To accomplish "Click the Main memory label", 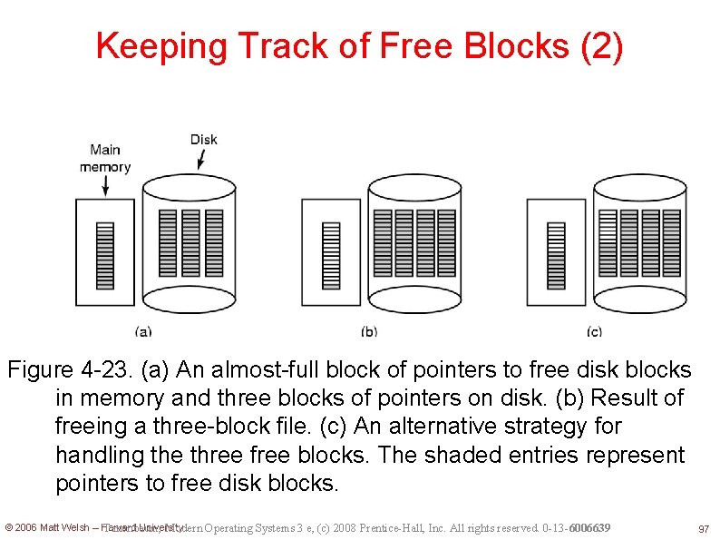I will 105,159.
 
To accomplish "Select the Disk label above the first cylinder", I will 204,139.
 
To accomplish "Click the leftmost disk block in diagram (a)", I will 167,243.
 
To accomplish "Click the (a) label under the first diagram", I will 143,332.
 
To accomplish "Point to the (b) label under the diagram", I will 369,332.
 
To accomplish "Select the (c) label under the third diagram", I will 594,332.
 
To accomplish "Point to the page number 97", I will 703,528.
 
